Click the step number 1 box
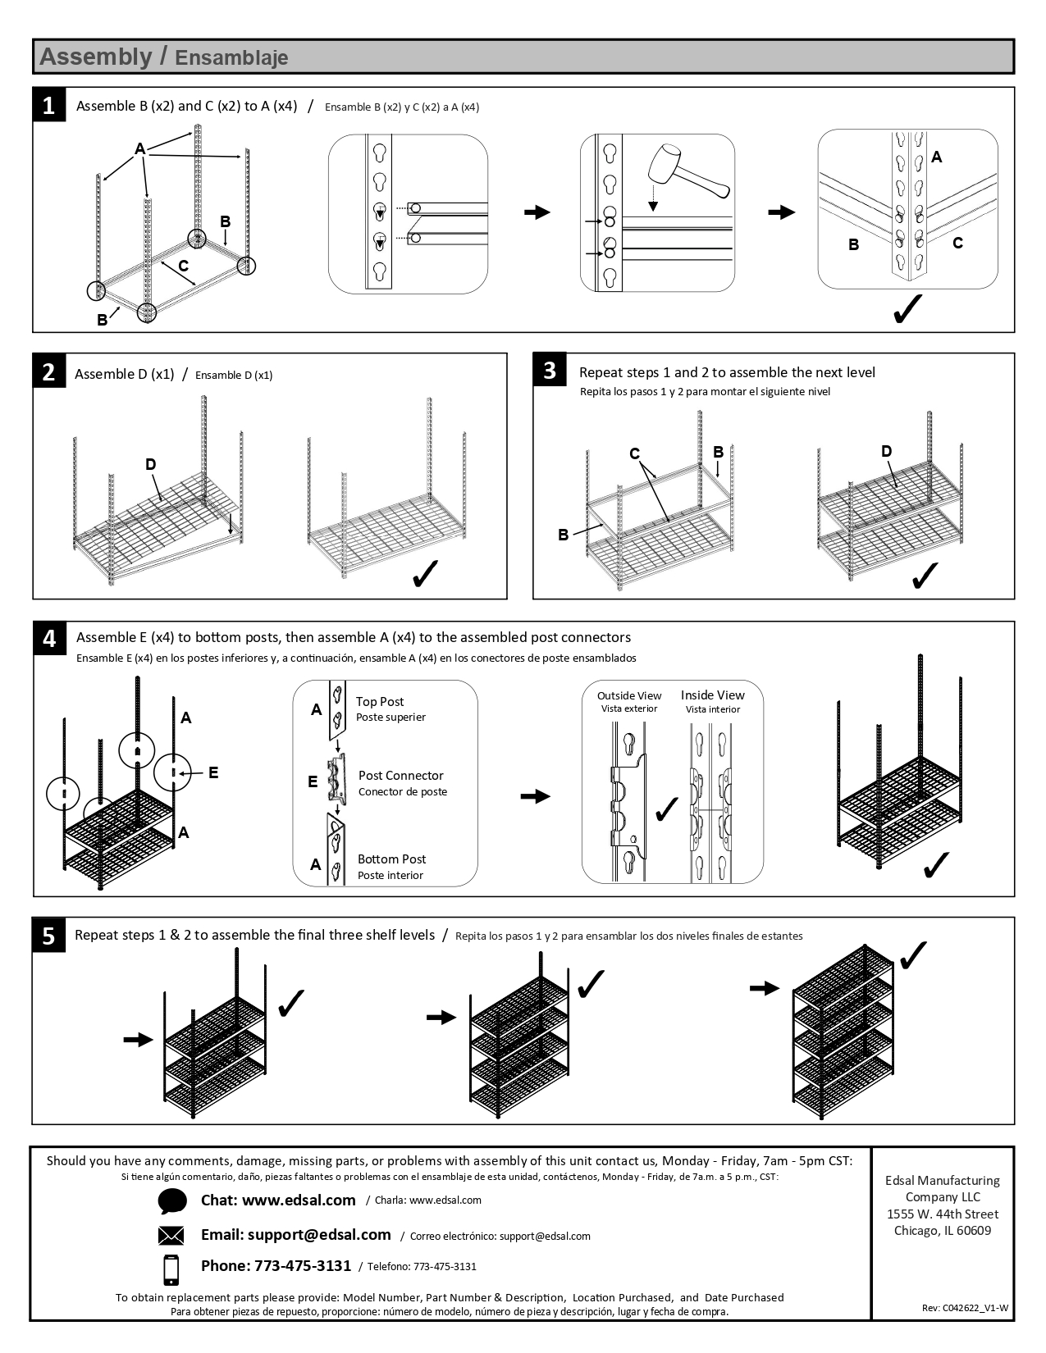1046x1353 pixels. (49, 106)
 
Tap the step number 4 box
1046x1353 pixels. (49, 638)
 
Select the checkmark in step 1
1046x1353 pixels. (907, 309)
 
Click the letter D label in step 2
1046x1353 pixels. (151, 465)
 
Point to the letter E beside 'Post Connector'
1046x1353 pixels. (313, 782)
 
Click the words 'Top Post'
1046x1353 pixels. (380, 702)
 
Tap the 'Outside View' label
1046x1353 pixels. (629, 696)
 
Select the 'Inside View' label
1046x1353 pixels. (713, 695)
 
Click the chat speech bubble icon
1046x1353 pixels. (172, 1201)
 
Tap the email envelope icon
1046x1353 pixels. (171, 1236)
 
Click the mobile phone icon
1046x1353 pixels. (171, 1269)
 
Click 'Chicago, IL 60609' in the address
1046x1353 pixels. (943, 1231)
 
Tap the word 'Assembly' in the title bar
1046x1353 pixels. (95, 57)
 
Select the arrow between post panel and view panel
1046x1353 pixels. (536, 796)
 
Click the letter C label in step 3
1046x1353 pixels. (635, 454)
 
